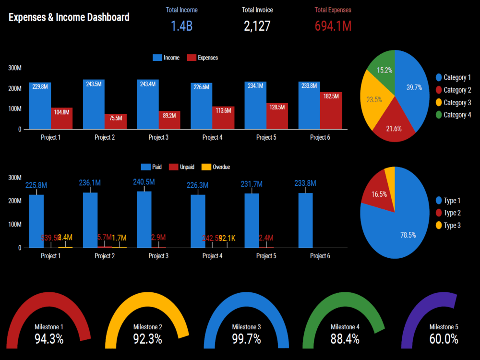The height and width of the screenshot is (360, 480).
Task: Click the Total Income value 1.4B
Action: click(x=181, y=26)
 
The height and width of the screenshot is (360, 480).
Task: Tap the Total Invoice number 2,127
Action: click(x=257, y=26)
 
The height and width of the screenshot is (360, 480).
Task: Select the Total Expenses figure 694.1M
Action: click(x=333, y=26)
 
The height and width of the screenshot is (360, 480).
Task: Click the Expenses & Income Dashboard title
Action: click(x=69, y=17)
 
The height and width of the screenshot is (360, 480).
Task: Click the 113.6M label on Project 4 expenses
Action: click(x=223, y=111)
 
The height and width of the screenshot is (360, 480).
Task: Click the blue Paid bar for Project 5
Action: click(x=252, y=221)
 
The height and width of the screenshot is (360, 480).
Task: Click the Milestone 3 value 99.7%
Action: click(x=246, y=339)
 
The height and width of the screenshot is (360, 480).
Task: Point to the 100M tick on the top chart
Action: click(x=15, y=109)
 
